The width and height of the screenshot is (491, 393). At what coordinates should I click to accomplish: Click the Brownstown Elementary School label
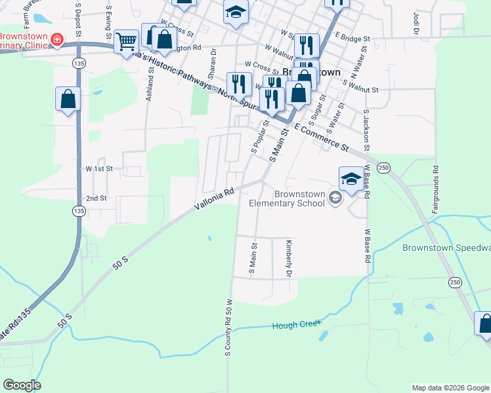287,198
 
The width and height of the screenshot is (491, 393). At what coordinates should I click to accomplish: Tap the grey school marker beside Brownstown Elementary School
335,197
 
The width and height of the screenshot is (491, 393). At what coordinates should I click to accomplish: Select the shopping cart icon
125,42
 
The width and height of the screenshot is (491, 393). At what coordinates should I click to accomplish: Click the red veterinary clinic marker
57,40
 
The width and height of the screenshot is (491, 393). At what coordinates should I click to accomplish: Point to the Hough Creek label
297,325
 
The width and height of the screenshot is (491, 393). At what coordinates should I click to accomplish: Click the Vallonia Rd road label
215,200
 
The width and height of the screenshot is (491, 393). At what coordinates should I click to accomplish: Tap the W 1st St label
99,168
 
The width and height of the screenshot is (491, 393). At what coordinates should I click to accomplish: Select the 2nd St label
96,198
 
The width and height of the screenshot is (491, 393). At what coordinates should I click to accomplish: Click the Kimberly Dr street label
288,257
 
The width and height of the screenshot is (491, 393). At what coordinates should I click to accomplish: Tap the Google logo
22,385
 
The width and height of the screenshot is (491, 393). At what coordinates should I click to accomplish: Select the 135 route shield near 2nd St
79,211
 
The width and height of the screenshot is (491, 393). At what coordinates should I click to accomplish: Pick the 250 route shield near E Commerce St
384,168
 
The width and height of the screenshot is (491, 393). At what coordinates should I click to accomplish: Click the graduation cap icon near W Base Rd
351,178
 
